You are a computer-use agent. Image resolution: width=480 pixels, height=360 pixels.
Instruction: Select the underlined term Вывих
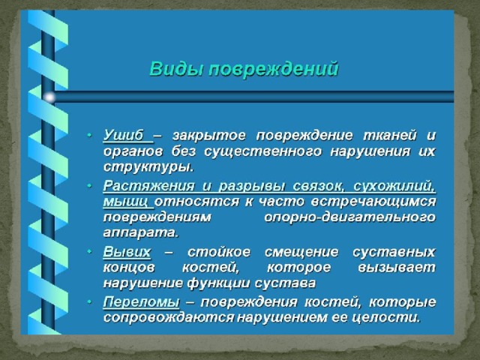tap(127, 252)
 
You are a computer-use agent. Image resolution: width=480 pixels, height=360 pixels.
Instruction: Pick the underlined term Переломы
tap(141, 302)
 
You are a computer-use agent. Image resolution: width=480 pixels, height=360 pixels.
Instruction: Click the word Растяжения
tap(148, 187)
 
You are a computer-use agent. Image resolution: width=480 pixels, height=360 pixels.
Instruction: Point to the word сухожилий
tap(394, 187)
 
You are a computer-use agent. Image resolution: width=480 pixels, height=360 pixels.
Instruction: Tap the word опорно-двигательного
tap(349, 217)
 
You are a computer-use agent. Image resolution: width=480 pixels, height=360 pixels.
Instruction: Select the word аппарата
tap(140, 233)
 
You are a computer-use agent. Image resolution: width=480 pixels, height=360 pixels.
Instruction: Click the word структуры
tap(148, 167)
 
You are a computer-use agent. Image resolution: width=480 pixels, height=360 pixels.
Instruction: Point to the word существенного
tap(262, 151)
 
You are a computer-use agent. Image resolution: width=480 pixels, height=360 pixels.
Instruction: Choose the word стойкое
tap(219, 252)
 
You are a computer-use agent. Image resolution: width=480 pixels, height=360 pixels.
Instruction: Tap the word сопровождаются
tap(169, 318)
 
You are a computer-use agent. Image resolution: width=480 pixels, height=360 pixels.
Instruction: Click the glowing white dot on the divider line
tap(49, 97)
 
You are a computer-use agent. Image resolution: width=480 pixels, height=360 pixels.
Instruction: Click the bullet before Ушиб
tap(89, 135)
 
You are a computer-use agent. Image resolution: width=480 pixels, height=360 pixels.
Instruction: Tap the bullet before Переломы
tap(89, 301)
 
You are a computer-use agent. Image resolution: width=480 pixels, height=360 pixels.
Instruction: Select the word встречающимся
tap(373, 202)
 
